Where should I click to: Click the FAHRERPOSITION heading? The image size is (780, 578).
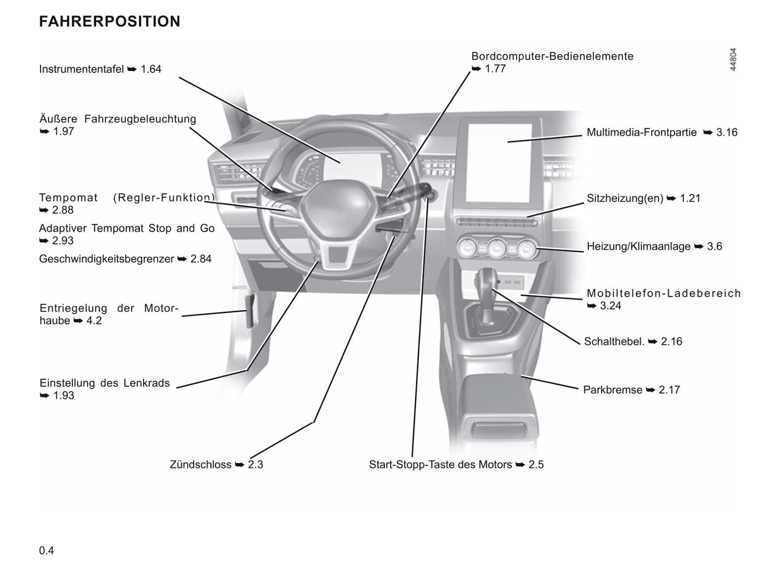110,22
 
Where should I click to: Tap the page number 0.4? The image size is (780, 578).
46,550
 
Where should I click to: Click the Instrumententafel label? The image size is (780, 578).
82,69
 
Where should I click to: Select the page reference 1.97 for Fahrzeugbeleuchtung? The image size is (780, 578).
64,131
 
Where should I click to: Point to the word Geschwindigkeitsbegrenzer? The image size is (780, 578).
106,259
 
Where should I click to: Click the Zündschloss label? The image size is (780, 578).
200,465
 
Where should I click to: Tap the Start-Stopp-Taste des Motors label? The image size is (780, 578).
440,465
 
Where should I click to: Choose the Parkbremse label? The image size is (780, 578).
613,389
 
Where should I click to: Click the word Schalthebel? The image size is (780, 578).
614,341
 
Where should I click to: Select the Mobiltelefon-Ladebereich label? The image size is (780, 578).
663,293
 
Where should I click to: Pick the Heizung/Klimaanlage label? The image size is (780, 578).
639,246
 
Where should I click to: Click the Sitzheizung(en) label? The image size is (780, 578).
625,198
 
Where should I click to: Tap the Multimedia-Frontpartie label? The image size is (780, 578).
641,132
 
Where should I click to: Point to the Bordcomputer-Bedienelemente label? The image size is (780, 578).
552,56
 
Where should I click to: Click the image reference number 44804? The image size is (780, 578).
732,59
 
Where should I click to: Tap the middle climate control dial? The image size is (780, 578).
496,248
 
